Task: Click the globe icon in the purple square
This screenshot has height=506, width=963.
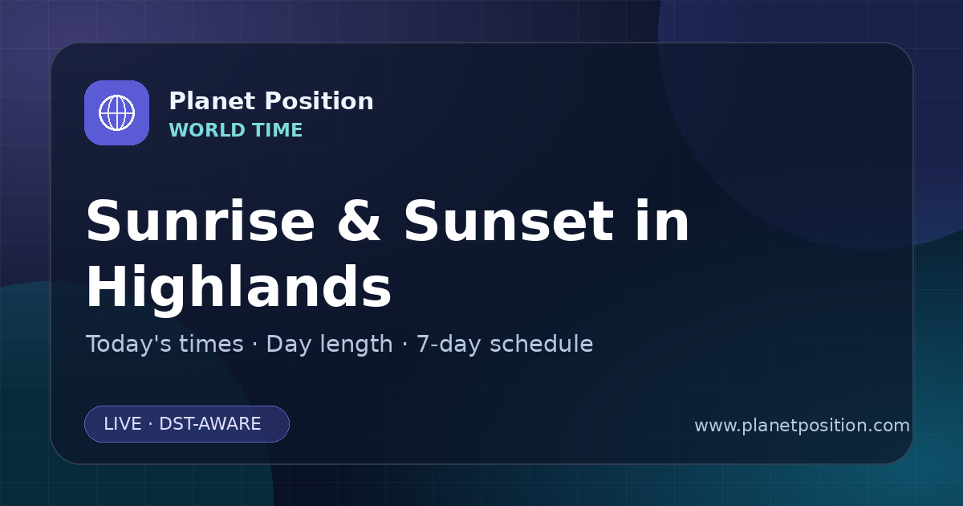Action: pyautogui.click(x=116, y=112)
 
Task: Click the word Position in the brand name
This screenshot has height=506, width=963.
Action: pyautogui.click(x=319, y=101)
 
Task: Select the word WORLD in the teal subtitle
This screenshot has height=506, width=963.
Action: pyautogui.click(x=207, y=130)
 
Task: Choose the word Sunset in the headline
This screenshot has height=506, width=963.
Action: pyautogui.click(x=509, y=221)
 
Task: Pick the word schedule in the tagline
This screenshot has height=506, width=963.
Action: pyautogui.click(x=542, y=344)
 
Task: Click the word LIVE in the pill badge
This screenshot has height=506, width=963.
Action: pyautogui.click(x=123, y=424)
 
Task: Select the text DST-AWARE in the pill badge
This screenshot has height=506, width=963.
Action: pyautogui.click(x=209, y=424)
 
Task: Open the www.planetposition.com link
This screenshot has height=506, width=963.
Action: pyautogui.click(x=802, y=426)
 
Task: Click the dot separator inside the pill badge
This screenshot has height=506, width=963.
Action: pyautogui.click(x=150, y=424)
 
